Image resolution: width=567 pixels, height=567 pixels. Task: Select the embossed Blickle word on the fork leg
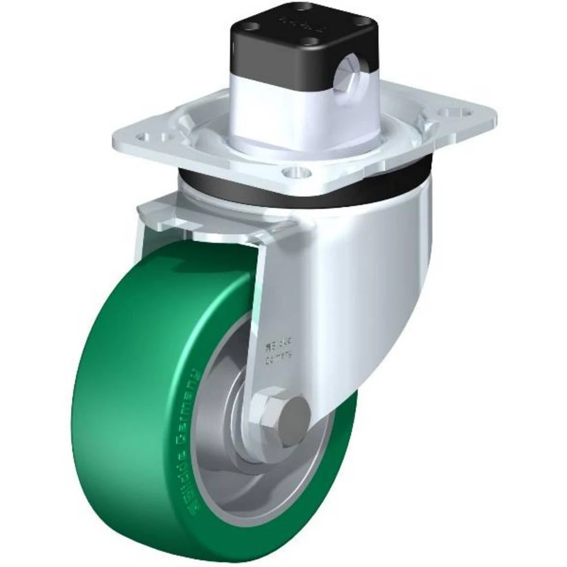[280, 344]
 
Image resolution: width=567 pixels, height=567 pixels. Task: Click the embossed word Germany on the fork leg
[282, 356]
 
